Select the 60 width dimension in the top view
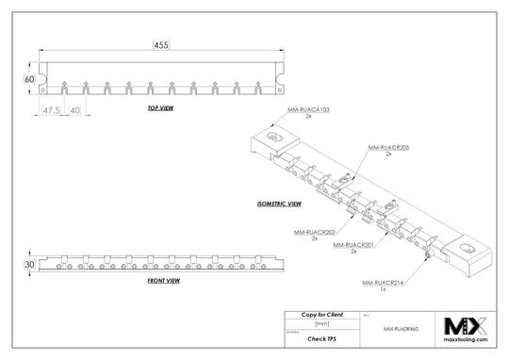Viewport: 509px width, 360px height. pos(29,79)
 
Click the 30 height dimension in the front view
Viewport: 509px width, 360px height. pos(29,265)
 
